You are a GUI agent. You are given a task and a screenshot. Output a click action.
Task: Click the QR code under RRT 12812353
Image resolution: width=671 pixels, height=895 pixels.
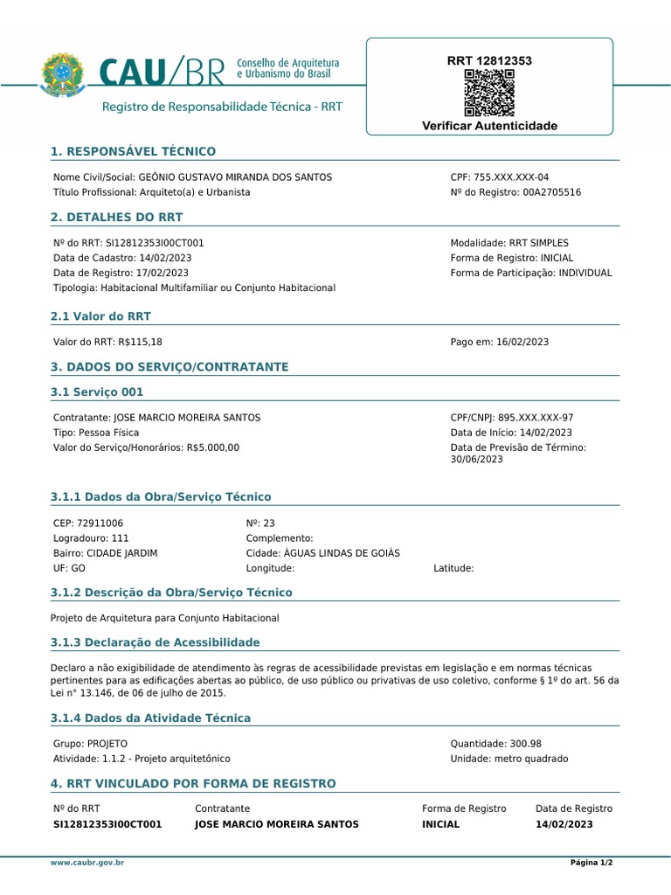pos(488,94)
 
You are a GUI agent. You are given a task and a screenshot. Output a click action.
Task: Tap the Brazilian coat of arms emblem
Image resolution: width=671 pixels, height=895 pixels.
pos(61,74)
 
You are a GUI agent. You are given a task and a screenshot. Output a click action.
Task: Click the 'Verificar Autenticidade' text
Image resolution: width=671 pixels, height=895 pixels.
pos(489,127)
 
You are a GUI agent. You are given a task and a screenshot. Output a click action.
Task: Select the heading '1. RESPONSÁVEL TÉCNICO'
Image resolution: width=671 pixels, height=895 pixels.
pos(133,152)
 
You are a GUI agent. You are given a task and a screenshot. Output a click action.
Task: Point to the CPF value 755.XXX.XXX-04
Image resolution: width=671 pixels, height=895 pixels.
pos(511,177)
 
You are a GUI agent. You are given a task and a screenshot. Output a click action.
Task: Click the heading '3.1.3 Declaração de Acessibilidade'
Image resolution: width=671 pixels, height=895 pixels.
pos(156,642)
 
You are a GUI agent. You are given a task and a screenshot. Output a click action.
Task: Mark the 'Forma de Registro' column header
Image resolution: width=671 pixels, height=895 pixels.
pos(464,809)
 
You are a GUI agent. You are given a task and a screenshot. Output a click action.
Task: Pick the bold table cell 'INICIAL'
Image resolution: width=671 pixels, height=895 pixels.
pos(440,824)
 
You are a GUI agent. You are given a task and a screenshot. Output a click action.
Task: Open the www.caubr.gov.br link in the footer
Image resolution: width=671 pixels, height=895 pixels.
pos(87,863)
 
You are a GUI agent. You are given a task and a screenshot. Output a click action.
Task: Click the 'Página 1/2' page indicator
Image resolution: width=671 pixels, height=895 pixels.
pos(591,863)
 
